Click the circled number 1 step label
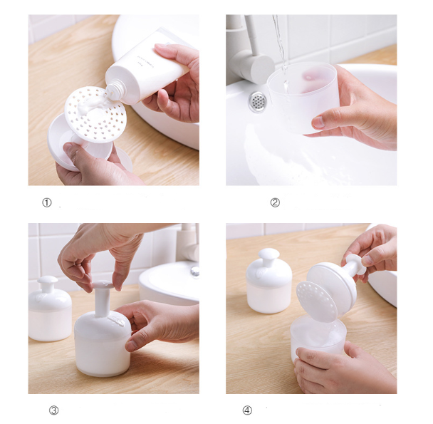[47, 203]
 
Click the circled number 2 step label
[275, 202]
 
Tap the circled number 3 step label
[54, 410]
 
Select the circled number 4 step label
[247, 410]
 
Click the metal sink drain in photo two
[258, 101]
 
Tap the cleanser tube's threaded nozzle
[113, 92]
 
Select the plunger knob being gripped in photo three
[103, 285]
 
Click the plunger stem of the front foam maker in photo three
[102, 303]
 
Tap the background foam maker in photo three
[49, 308]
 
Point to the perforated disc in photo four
[317, 301]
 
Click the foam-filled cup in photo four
[318, 339]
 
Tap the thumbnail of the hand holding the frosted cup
[318, 122]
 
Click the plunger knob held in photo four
[355, 264]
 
